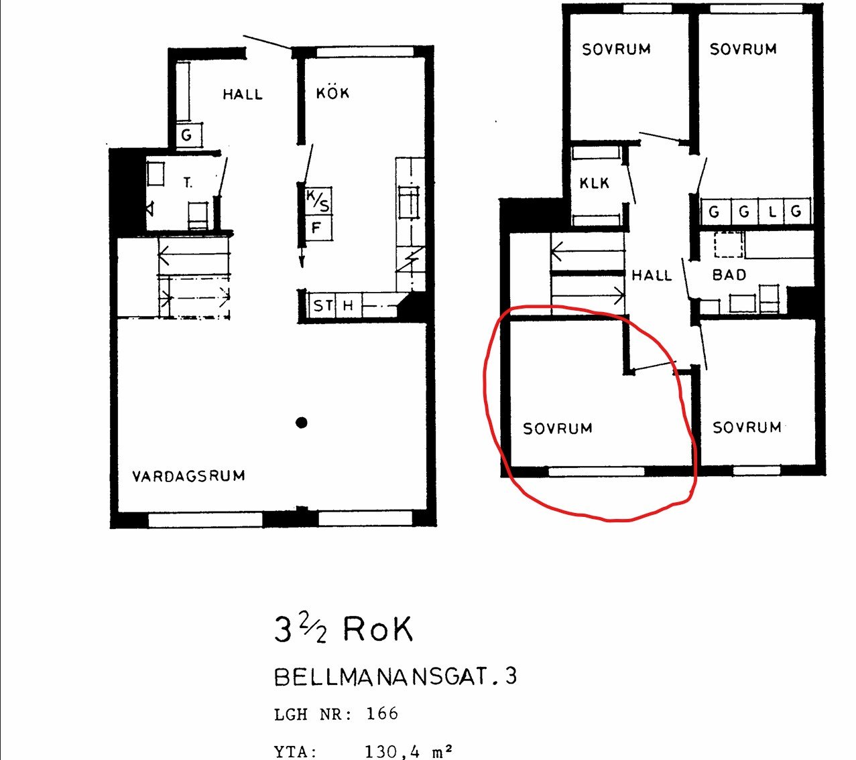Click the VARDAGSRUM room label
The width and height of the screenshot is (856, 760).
(x=188, y=476)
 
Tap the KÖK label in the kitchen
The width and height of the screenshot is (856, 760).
(x=332, y=92)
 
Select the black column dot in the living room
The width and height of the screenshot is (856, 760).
(x=301, y=423)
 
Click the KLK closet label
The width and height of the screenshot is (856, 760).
(x=594, y=183)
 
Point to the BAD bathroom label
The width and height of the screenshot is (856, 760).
(x=729, y=275)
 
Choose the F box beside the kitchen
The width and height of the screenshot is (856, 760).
(x=318, y=228)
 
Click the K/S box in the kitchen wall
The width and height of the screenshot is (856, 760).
(x=318, y=202)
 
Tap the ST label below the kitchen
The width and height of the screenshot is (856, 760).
(x=323, y=305)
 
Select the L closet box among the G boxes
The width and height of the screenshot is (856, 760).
(x=772, y=211)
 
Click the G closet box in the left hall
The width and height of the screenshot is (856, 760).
(x=188, y=135)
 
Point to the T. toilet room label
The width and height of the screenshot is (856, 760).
(x=188, y=183)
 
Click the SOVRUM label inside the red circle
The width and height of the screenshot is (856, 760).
(x=558, y=429)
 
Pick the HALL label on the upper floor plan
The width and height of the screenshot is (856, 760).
(x=652, y=276)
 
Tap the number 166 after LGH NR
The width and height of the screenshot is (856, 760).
(x=382, y=714)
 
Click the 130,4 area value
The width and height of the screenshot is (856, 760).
(x=392, y=751)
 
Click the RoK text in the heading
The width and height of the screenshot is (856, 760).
(x=377, y=629)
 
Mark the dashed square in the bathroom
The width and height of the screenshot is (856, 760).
(x=729, y=244)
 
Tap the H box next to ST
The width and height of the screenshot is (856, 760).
(x=348, y=305)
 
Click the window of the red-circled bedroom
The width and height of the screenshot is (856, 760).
(x=597, y=471)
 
